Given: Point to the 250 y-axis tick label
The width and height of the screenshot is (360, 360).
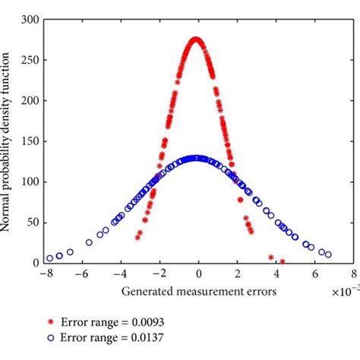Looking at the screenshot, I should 31,60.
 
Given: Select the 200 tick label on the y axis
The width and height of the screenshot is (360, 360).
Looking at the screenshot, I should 31,100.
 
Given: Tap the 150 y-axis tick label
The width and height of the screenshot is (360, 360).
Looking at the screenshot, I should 31,141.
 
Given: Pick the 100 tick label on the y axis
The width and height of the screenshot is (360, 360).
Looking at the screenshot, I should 31,182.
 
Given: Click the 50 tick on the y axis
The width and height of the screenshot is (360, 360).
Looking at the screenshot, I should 33,223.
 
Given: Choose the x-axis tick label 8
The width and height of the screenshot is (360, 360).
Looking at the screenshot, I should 353,274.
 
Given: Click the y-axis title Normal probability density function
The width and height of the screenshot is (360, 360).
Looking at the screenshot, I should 10,141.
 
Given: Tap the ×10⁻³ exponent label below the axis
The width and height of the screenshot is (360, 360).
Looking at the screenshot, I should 346,290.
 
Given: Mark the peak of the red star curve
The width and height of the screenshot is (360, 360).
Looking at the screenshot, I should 196,39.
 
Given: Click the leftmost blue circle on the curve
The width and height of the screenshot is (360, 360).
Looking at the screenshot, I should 50,258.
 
